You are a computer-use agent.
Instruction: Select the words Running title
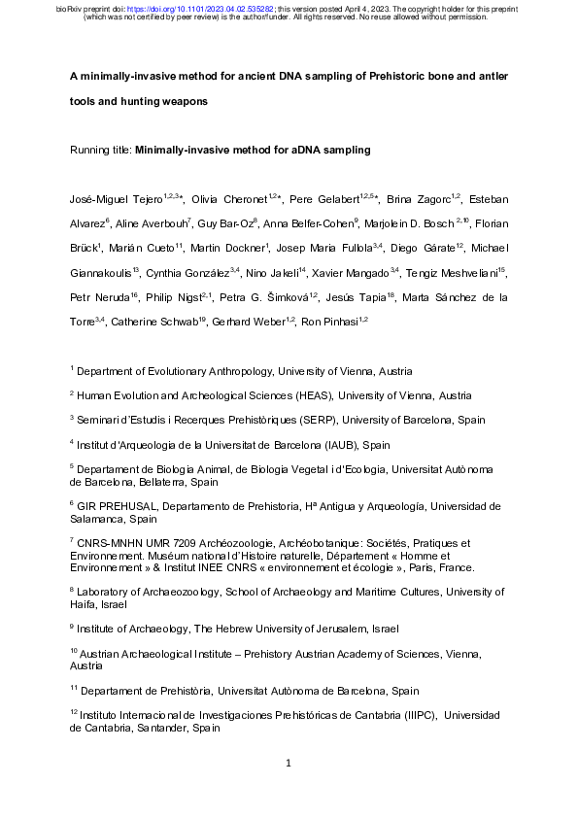pos(101,151)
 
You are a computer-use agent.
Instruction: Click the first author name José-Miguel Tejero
pos(115,199)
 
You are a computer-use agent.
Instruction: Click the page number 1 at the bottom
pos(289,763)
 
